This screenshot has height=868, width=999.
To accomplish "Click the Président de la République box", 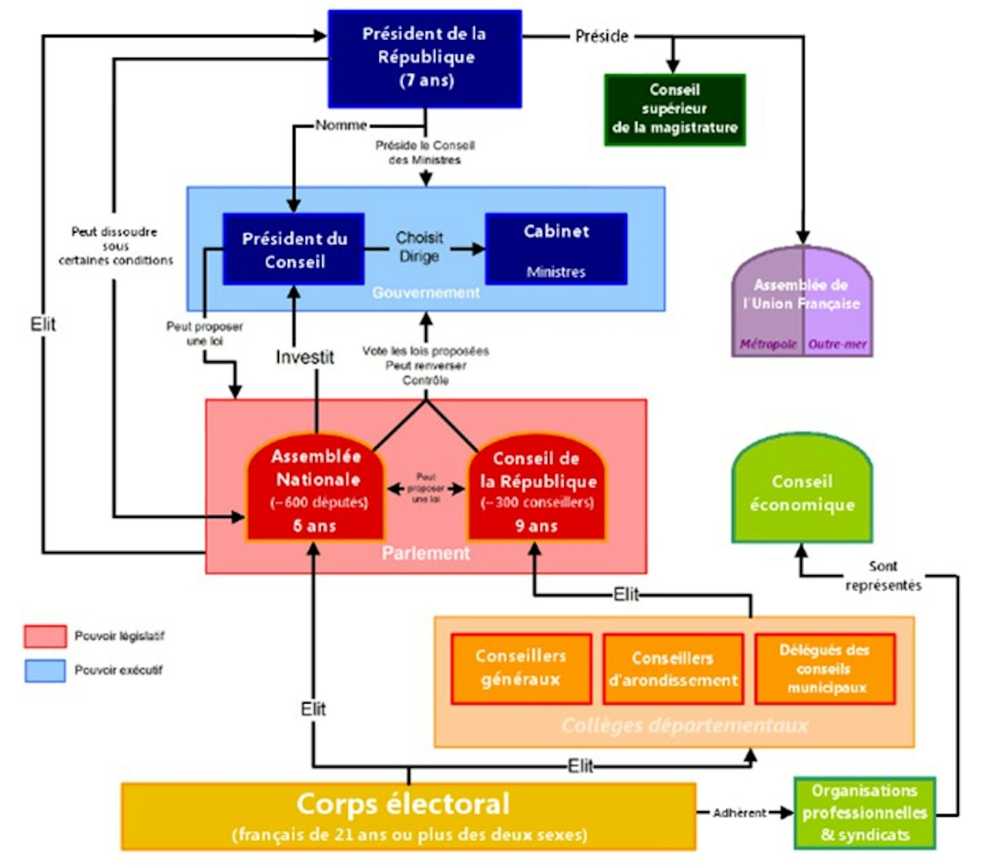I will [425, 58].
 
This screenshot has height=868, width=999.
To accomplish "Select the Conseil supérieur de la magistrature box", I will [674, 109].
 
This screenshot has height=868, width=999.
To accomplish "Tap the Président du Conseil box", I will [294, 249].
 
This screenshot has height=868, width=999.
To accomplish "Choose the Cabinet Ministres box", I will [556, 249].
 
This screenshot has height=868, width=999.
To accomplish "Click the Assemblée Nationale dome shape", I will [315, 489].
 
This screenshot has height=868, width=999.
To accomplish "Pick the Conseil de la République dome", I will [537, 489].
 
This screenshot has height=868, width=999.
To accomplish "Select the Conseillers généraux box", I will [521, 669].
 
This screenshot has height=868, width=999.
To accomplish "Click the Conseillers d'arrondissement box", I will [673, 669].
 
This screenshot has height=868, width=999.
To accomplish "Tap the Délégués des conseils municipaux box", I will [825, 669].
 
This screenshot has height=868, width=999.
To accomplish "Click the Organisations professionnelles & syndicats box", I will [864, 813].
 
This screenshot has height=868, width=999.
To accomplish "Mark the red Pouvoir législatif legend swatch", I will [45, 636].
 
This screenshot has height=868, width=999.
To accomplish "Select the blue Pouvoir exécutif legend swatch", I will [45, 670].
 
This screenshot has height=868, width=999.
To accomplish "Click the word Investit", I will [305, 357].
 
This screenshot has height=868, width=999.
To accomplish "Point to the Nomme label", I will [341, 125].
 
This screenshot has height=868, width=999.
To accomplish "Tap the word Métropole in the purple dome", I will [768, 344].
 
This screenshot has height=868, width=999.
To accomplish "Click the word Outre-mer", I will [837, 344].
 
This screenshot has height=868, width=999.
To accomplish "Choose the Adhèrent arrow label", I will [739, 813].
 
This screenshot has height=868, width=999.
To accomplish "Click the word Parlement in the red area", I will [426, 553].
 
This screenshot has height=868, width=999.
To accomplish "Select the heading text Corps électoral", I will [403, 804].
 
